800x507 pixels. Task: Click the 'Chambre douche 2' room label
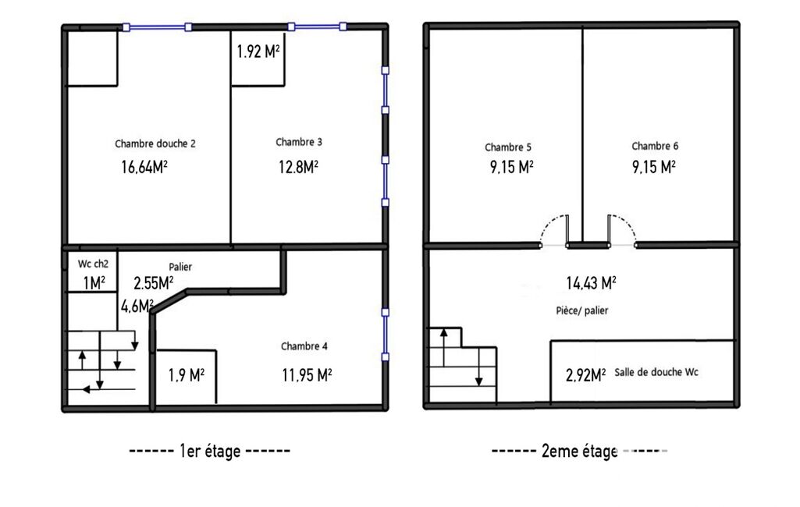155,144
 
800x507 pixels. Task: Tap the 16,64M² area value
144,167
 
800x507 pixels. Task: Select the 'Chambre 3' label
299,142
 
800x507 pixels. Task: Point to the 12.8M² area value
298,167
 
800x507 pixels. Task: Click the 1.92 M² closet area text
258,51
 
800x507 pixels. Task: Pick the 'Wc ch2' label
94,264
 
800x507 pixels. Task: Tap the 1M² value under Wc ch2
94,283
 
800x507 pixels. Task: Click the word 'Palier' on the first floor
180,267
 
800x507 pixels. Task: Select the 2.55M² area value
154,283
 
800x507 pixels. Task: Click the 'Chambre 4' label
304,346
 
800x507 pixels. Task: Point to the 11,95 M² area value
308,375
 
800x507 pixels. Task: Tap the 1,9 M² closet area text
187,375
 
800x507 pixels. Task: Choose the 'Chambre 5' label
508,147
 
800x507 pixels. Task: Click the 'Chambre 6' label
655,147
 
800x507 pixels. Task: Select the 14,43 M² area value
592,283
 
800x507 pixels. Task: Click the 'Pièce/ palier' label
582,310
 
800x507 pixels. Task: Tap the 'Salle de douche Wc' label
656,372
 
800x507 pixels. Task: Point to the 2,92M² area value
586,376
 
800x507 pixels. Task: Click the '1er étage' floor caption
210,452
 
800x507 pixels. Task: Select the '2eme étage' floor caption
580,452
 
